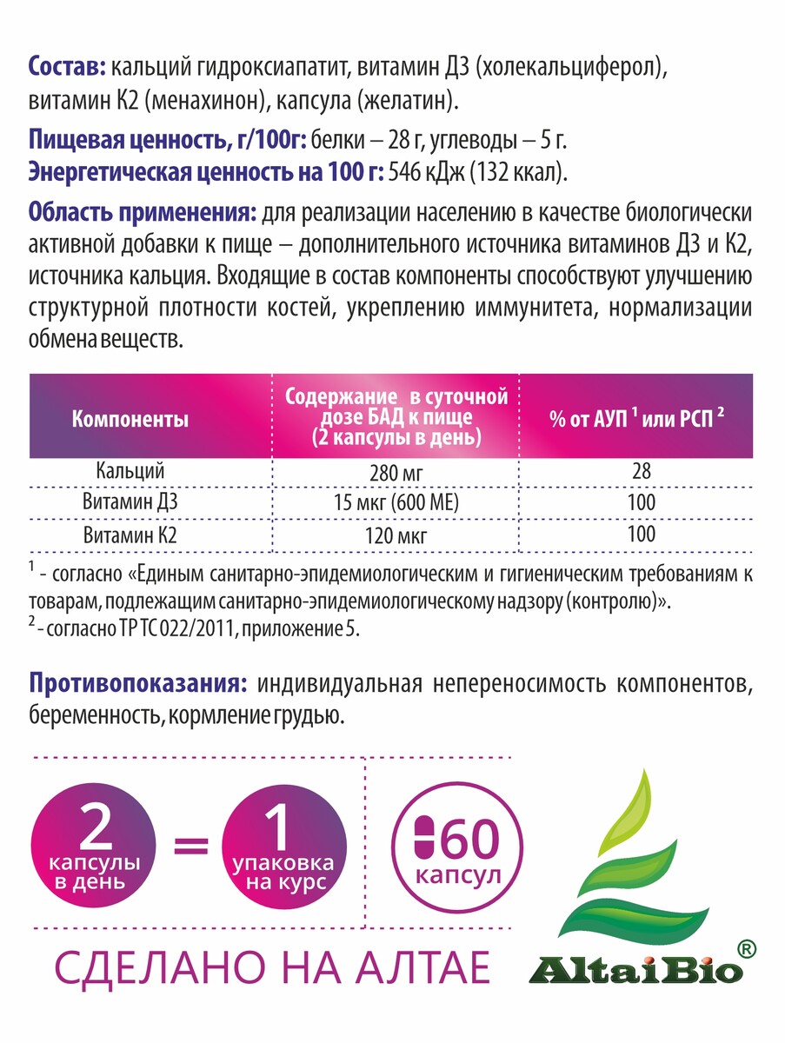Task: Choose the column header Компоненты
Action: tap(130, 420)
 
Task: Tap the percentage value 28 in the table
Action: tap(641, 472)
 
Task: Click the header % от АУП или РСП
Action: tap(635, 419)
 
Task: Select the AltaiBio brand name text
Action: tap(635, 967)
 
